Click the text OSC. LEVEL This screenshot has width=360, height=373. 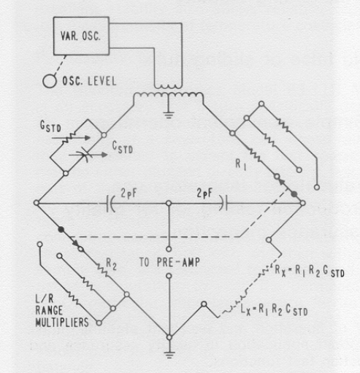(x=89, y=81)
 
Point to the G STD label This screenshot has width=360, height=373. (x=50, y=126)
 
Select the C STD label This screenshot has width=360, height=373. (x=123, y=147)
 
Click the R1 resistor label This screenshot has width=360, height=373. (x=241, y=164)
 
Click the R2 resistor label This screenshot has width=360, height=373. (x=111, y=264)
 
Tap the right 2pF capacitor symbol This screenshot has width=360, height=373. (x=223, y=203)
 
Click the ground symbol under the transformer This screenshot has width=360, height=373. (x=169, y=115)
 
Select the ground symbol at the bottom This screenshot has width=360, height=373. (x=169, y=355)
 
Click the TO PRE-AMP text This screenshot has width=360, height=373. (x=169, y=262)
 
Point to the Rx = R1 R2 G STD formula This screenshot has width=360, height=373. (x=310, y=271)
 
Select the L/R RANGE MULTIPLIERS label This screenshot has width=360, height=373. (x=62, y=311)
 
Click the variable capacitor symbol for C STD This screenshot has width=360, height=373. (x=85, y=155)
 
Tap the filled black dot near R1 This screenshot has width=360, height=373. (x=294, y=194)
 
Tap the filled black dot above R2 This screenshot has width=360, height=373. (x=61, y=229)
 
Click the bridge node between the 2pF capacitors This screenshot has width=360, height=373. (x=169, y=203)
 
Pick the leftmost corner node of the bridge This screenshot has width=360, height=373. (x=37, y=202)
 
